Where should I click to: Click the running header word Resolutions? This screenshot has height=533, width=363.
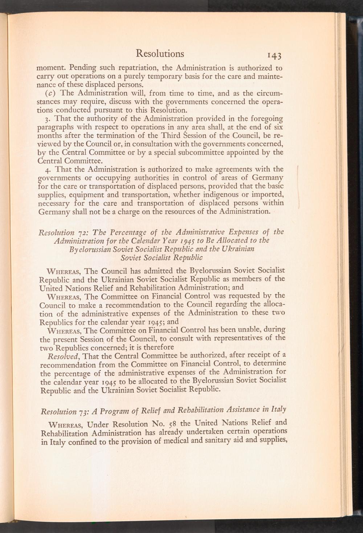coord(160,53)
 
